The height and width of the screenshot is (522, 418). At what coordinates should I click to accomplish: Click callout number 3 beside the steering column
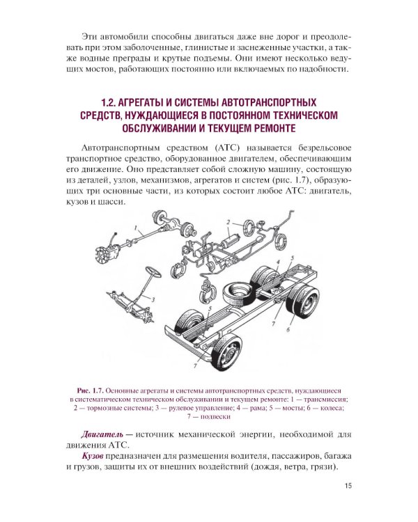click(153, 297)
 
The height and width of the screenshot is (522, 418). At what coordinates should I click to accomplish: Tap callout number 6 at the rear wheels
click(287, 329)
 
